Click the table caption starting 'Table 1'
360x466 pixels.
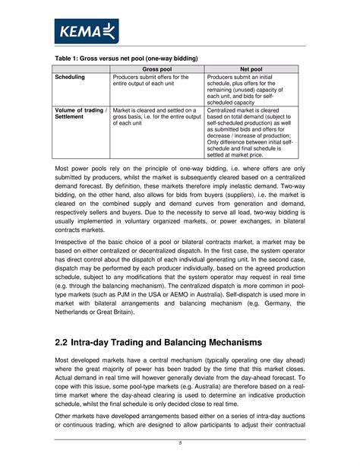[125, 59]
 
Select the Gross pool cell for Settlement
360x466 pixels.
[155, 116]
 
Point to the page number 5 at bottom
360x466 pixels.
[179, 444]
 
